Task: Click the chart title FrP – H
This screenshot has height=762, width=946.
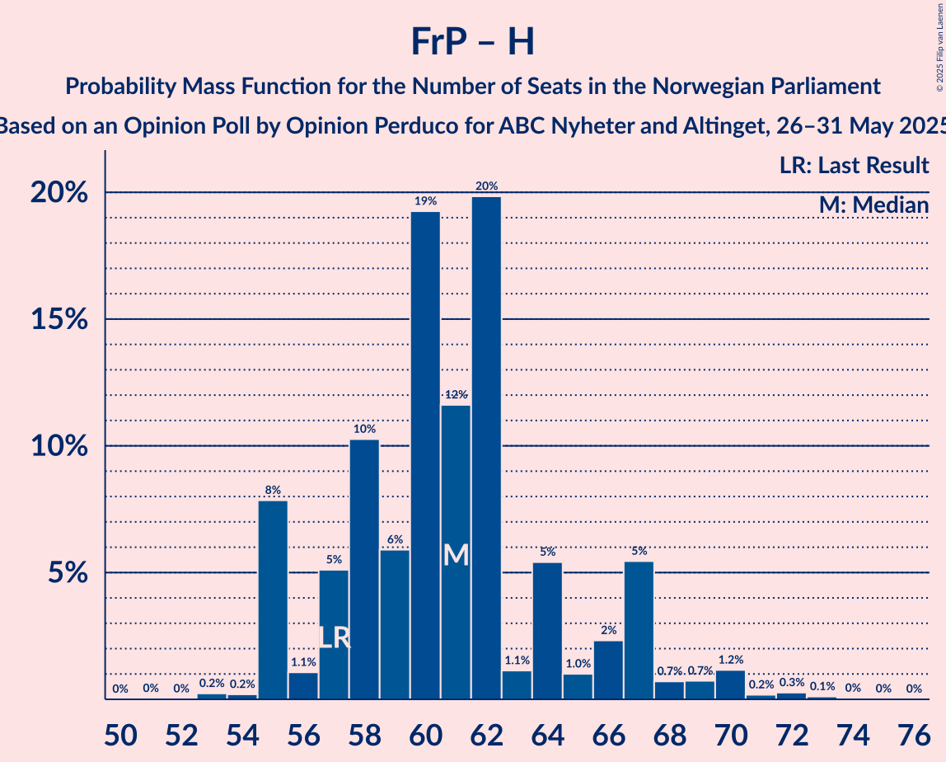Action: (473, 41)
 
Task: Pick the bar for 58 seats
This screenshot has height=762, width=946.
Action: (364, 569)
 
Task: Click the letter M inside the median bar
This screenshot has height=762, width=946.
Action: (456, 555)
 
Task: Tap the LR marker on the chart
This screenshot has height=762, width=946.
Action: (334, 638)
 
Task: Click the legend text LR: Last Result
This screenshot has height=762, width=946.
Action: (854, 166)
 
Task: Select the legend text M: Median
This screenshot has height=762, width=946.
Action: (873, 205)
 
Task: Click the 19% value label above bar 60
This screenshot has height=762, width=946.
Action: (425, 201)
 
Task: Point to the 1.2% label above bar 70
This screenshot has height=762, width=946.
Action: (730, 660)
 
